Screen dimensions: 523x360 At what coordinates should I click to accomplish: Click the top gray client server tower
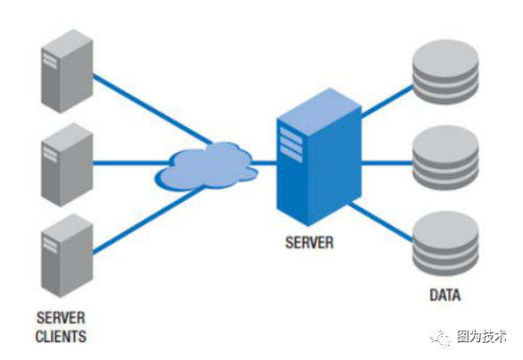click(x=67, y=71)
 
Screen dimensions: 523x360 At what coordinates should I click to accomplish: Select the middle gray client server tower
click(x=67, y=164)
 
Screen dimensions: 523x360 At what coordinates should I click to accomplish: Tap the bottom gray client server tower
click(x=67, y=255)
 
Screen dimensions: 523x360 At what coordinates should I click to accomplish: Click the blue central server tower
click(x=319, y=156)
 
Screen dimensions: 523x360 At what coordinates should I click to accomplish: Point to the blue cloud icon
click(x=207, y=166)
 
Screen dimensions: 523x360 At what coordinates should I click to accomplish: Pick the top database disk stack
click(x=445, y=72)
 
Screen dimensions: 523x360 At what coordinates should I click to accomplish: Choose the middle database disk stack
click(x=445, y=157)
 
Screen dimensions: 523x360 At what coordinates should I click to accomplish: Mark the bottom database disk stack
click(x=445, y=244)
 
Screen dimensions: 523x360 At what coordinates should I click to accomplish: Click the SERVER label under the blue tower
click(x=309, y=242)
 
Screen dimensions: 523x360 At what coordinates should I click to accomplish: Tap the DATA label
click(x=445, y=295)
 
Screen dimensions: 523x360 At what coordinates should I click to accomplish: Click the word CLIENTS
click(x=61, y=337)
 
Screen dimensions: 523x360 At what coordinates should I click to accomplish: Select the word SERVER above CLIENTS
click(x=61, y=318)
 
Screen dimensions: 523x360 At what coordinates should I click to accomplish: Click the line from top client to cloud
click(x=152, y=109)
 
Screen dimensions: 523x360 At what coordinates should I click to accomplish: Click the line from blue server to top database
click(x=387, y=101)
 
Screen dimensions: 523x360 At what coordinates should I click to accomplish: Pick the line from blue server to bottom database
click(x=381, y=222)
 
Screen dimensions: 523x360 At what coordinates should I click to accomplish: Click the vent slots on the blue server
click(x=291, y=145)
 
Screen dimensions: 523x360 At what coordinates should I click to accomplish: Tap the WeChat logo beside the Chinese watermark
click(x=440, y=337)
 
